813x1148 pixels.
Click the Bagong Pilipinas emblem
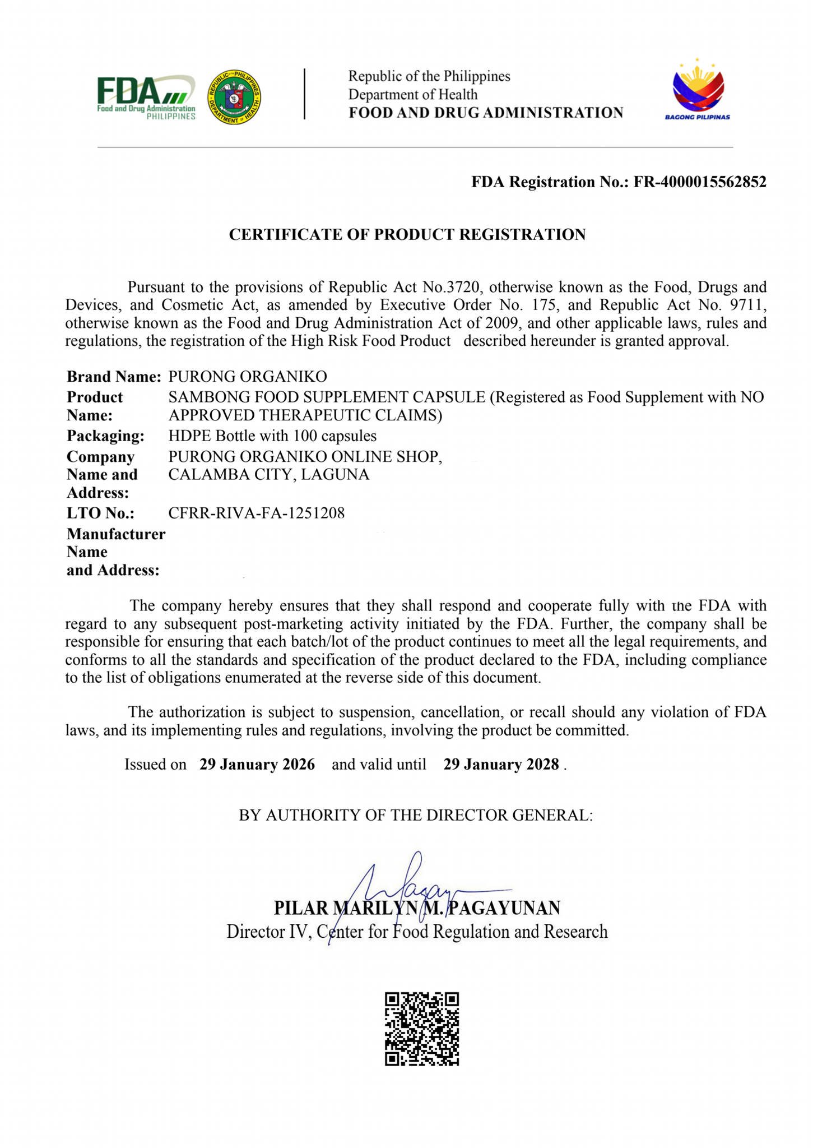pyautogui.click(x=698, y=90)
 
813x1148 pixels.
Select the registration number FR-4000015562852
pyautogui.click(x=700, y=182)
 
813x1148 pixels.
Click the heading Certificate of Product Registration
pyautogui.click(x=407, y=234)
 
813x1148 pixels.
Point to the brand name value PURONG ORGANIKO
pyautogui.click(x=248, y=376)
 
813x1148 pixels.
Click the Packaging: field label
pyautogui.click(x=105, y=436)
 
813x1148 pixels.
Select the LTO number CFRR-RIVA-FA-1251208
pyautogui.click(x=257, y=512)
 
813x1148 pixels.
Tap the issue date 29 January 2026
pyautogui.click(x=257, y=764)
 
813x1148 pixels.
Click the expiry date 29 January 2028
pyautogui.click(x=501, y=764)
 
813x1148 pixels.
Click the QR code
pyautogui.click(x=422, y=1029)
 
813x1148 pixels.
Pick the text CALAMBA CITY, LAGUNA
pyautogui.click(x=269, y=475)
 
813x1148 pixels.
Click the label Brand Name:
pyautogui.click(x=114, y=376)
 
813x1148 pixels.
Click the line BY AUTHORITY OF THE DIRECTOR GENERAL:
pyautogui.click(x=416, y=814)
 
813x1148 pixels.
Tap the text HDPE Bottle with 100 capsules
pyautogui.click(x=272, y=436)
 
